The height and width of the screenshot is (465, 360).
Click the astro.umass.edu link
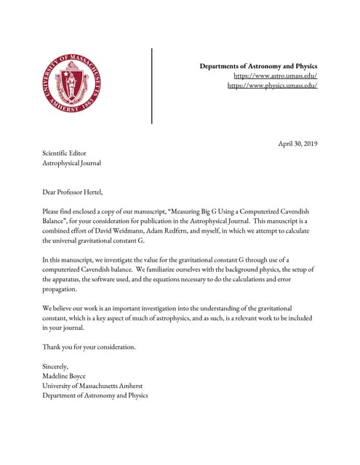point(275,76)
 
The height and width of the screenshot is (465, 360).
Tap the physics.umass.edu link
point(272,86)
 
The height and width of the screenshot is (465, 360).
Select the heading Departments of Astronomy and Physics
point(258,66)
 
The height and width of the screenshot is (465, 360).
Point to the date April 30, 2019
point(298,143)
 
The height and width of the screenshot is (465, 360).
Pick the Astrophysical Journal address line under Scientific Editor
point(71,163)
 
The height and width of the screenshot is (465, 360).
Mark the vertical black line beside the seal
point(152,85)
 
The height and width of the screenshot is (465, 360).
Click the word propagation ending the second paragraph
point(60,288)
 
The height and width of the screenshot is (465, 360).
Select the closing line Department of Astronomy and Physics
point(95,396)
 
